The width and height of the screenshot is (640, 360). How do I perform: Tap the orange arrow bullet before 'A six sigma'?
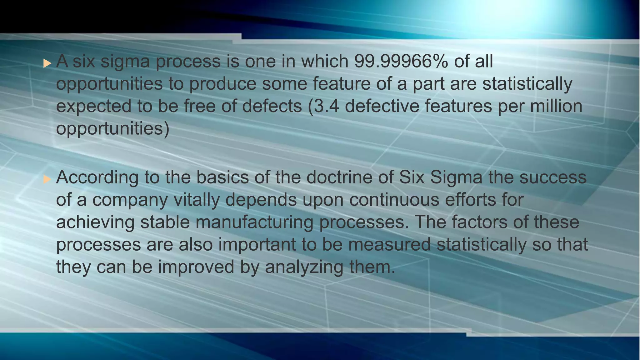[47, 63]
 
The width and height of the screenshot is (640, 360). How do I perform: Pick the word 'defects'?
[272, 106]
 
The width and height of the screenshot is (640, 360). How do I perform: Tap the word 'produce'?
[223, 84]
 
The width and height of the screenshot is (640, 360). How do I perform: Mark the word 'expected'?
[94, 107]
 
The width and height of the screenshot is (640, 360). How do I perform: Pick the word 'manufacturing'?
[255, 222]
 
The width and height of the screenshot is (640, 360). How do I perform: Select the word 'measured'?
[389, 244]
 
